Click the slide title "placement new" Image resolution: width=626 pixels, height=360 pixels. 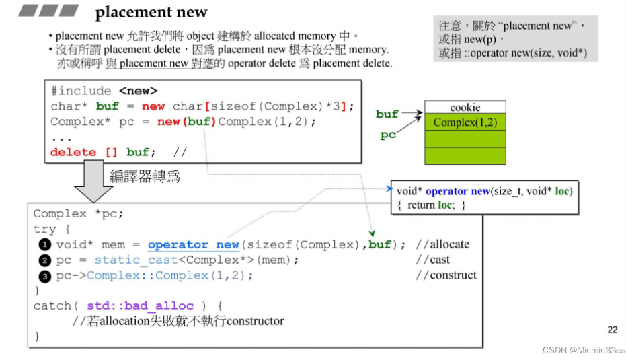pyautogui.click(x=151, y=12)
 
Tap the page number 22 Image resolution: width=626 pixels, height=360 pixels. pyautogui.click(x=612, y=329)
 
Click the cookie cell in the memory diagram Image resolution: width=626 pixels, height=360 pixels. pyautogui.click(x=465, y=107)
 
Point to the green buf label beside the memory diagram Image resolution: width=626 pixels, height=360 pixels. pyautogui.click(x=387, y=114)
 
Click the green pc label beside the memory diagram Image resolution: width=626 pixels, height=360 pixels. pyautogui.click(x=388, y=135)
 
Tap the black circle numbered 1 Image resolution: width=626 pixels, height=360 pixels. pyautogui.click(x=44, y=244)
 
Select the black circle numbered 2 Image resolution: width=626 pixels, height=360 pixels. pyautogui.click(x=44, y=260)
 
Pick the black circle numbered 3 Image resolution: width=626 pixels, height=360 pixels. pyautogui.click(x=44, y=276)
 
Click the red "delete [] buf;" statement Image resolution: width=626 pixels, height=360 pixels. pyautogui.click(x=103, y=152)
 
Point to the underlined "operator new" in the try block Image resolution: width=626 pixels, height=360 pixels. pyautogui.click(x=193, y=245)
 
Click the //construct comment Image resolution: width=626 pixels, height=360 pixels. pyautogui.click(x=446, y=275)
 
